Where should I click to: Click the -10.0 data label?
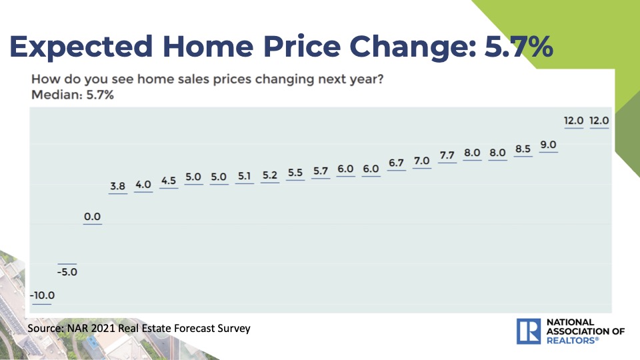coord(42,295)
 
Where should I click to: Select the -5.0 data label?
coord(67,272)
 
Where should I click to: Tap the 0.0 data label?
coord(92,216)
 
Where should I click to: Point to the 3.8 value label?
coord(117,186)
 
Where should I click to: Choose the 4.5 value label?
coord(169,181)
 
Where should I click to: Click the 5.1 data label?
coord(244,176)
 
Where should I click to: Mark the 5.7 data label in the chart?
coord(321,171)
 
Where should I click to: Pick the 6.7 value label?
coord(396,163)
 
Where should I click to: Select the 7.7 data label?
coord(447,155)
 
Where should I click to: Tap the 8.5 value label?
coord(523,149)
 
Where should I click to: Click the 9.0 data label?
coord(548,145)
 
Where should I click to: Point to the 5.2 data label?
coord(270,175)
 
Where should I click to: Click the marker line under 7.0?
coord(421,168)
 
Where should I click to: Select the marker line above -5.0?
coord(67,264)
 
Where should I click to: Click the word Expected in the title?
coord(81,47)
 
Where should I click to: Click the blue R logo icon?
coord(529,331)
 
